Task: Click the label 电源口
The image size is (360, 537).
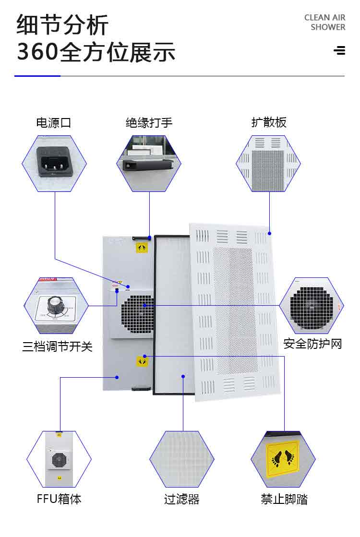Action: (54, 123)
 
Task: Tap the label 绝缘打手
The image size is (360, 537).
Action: (149, 123)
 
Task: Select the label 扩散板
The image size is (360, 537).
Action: (269, 122)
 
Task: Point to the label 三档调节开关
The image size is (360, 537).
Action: (57, 346)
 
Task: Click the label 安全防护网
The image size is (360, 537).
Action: (312, 344)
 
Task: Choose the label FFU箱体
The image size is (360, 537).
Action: (59, 499)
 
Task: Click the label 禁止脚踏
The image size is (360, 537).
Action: (284, 499)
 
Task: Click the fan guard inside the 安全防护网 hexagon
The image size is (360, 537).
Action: (311, 308)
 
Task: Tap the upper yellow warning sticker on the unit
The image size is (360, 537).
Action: (142, 248)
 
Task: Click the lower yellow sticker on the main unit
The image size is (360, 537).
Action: (142, 361)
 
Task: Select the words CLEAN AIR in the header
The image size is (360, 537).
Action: (324, 18)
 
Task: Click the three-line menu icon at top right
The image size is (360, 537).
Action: (339, 50)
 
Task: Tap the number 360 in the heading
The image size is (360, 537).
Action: (37, 52)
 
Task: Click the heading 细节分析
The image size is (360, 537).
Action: (63, 25)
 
